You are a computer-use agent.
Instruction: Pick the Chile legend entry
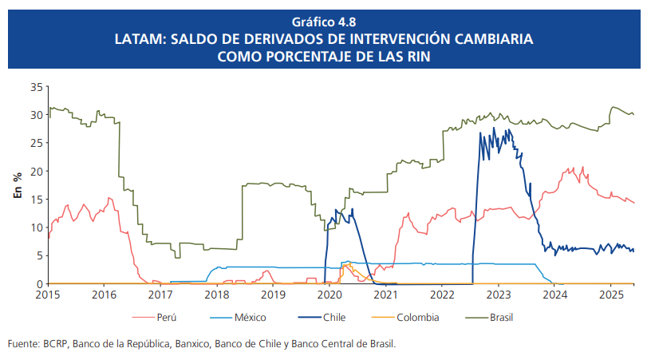tap(334, 317)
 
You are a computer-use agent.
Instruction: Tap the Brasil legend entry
tap(500, 317)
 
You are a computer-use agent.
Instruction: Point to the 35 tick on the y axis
tap(36, 86)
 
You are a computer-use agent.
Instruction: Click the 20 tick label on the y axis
tap(36, 171)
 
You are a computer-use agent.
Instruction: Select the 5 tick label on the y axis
tap(39, 255)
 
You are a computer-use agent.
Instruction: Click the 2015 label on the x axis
tap(49, 294)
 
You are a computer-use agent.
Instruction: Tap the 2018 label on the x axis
tap(217, 294)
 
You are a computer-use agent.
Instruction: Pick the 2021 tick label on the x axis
tap(385, 294)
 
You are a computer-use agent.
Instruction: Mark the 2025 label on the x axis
tap(610, 294)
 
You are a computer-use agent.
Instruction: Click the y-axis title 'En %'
tap(17, 185)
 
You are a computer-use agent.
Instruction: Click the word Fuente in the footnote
tap(22, 344)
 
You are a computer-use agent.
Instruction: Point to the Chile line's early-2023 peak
tap(495, 129)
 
